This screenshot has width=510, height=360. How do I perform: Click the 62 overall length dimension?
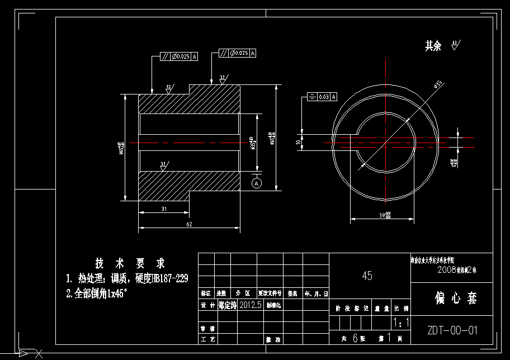coord(189,224)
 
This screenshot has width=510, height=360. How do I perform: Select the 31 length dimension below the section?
coord(164,209)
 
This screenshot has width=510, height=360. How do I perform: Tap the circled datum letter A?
coord(257,183)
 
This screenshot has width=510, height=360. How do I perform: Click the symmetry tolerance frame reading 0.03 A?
coord(323,97)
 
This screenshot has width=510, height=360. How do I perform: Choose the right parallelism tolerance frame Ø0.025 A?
coord(237,53)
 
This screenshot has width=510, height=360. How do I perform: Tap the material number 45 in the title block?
coord(367,276)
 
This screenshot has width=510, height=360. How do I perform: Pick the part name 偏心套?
coord(456,299)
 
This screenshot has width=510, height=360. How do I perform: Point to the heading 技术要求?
coord(130,263)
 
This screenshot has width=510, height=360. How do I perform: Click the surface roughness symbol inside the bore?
coord(164,165)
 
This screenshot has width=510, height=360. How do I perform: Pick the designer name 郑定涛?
coord(228,305)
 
